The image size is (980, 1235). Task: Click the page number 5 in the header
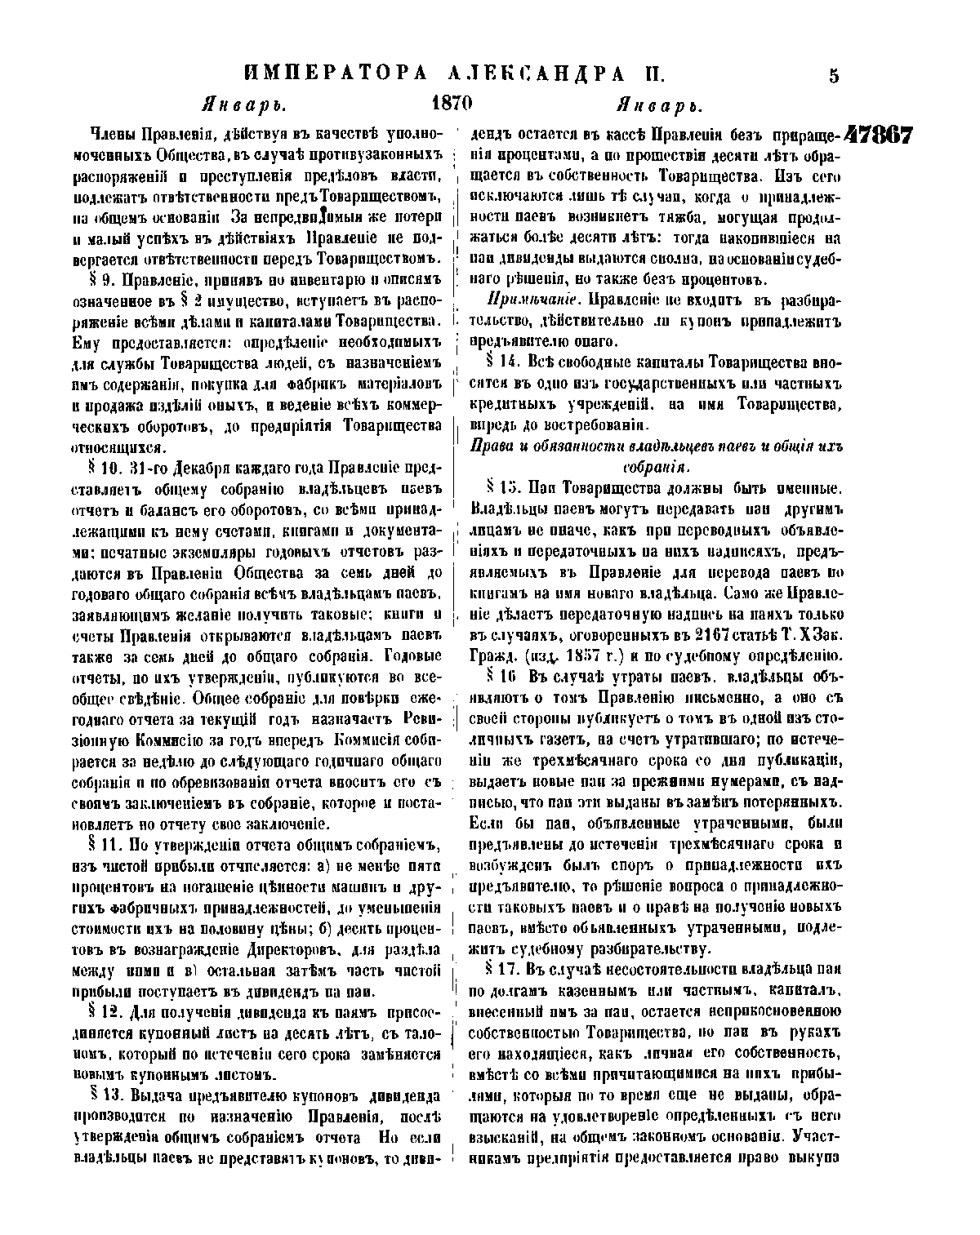(834, 76)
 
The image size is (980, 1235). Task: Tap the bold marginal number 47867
(878, 135)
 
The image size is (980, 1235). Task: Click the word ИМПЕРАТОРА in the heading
(336, 75)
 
